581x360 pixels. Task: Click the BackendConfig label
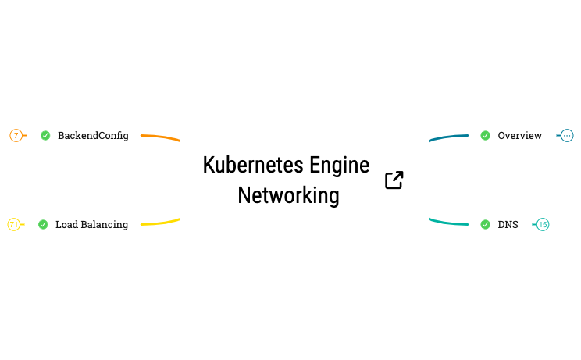93,136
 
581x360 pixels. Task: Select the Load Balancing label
91,225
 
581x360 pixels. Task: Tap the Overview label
519,136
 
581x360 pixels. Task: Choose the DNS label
508,225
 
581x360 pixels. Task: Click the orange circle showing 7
16,136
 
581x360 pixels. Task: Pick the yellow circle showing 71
13,225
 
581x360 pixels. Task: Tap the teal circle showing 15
543,225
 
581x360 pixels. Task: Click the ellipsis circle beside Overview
567,136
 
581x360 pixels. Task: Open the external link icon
394,180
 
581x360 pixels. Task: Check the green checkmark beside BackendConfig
45,136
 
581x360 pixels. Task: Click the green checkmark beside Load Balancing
43,225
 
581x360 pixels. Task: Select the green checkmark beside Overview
485,136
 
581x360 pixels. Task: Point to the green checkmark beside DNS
485,225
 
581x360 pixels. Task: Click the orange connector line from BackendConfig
160,137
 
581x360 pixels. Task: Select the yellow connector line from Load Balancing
160,223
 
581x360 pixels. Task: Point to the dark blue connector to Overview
448,137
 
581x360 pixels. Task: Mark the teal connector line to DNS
448,223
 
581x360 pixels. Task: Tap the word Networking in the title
288,195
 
